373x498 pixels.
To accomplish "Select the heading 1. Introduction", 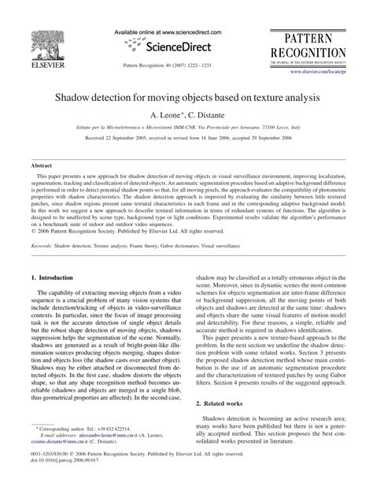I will [51, 278].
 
